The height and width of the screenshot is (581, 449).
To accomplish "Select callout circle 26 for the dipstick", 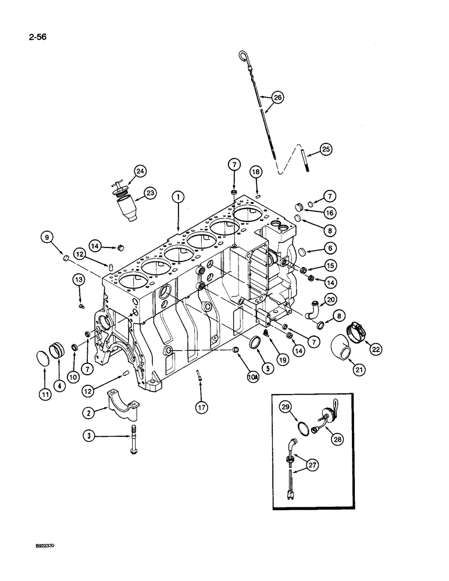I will click(277, 98).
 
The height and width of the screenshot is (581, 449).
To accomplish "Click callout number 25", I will click(325, 149).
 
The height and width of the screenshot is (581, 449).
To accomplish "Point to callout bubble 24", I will click(140, 171).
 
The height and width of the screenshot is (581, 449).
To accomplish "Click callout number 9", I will click(47, 236).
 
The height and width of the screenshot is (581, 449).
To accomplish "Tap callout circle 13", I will click(79, 280).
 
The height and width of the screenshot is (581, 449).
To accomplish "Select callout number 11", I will click(46, 393).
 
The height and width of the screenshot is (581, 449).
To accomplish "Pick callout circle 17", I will click(200, 408).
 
